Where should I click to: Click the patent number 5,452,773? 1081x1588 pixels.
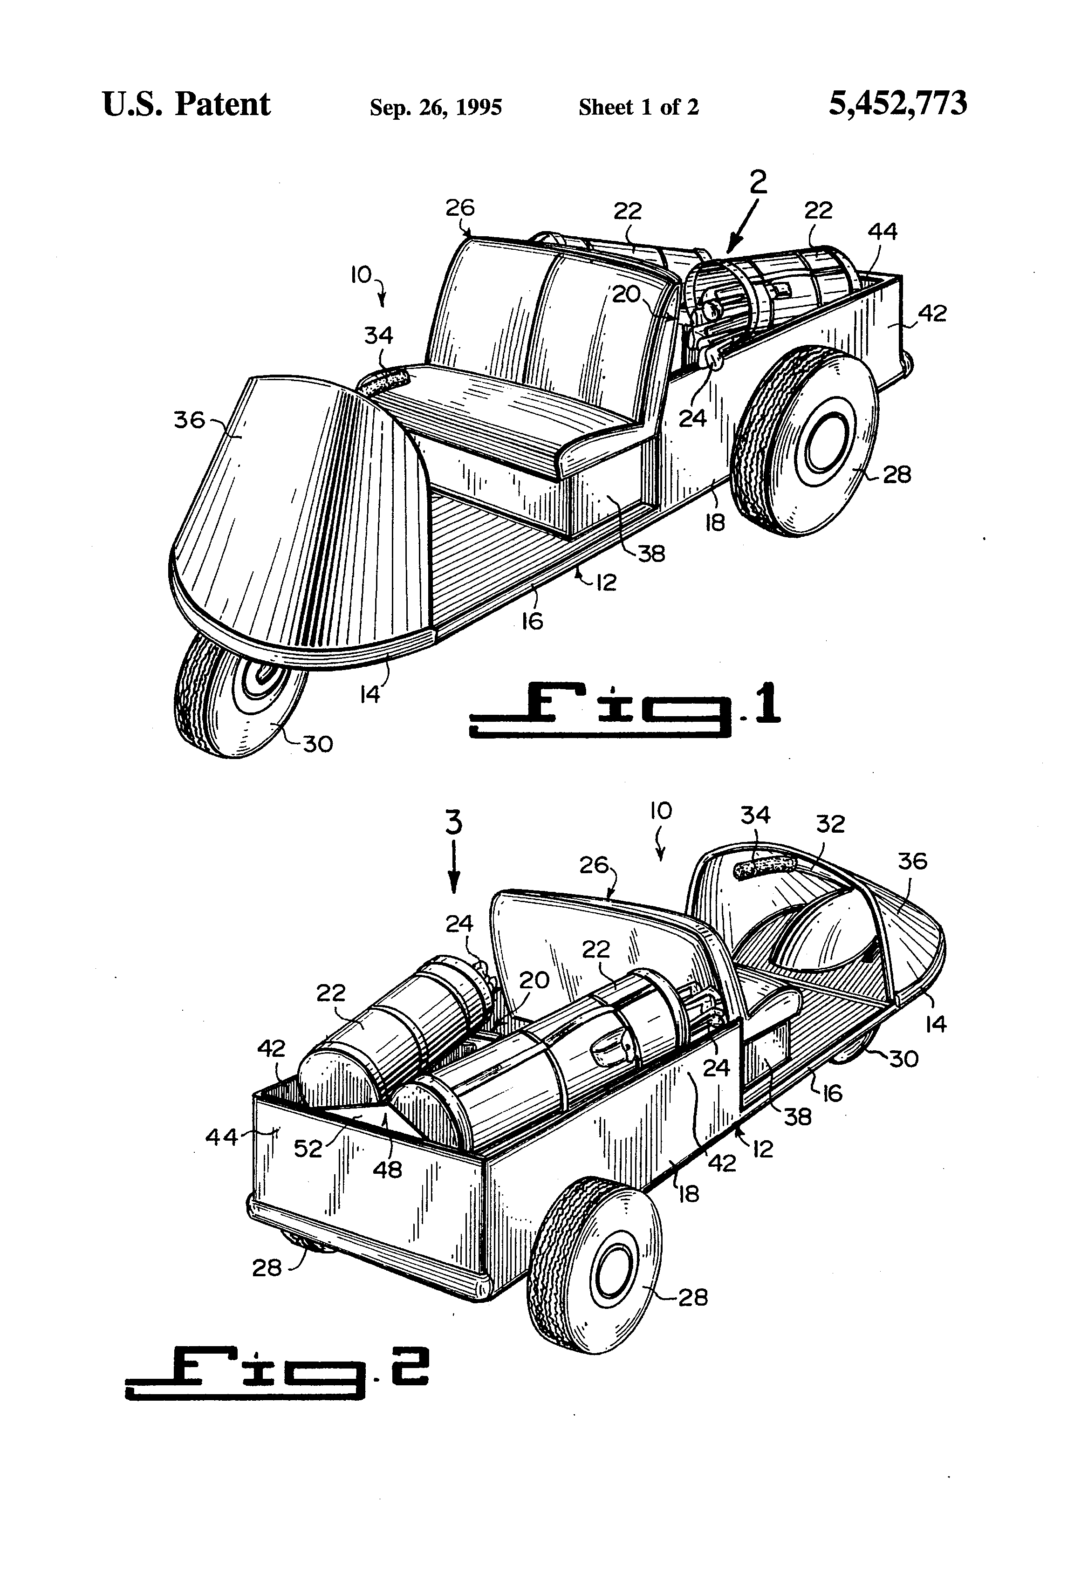[897, 104]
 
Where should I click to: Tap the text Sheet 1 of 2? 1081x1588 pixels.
[638, 107]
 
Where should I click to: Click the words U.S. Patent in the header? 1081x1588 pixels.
[186, 104]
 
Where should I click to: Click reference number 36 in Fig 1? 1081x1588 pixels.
[189, 419]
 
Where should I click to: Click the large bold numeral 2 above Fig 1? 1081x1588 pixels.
[758, 183]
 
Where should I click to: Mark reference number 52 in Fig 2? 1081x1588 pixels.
[308, 1149]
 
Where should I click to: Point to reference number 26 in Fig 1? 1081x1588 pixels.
[460, 208]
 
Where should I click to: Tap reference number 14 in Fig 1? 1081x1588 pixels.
[369, 694]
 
